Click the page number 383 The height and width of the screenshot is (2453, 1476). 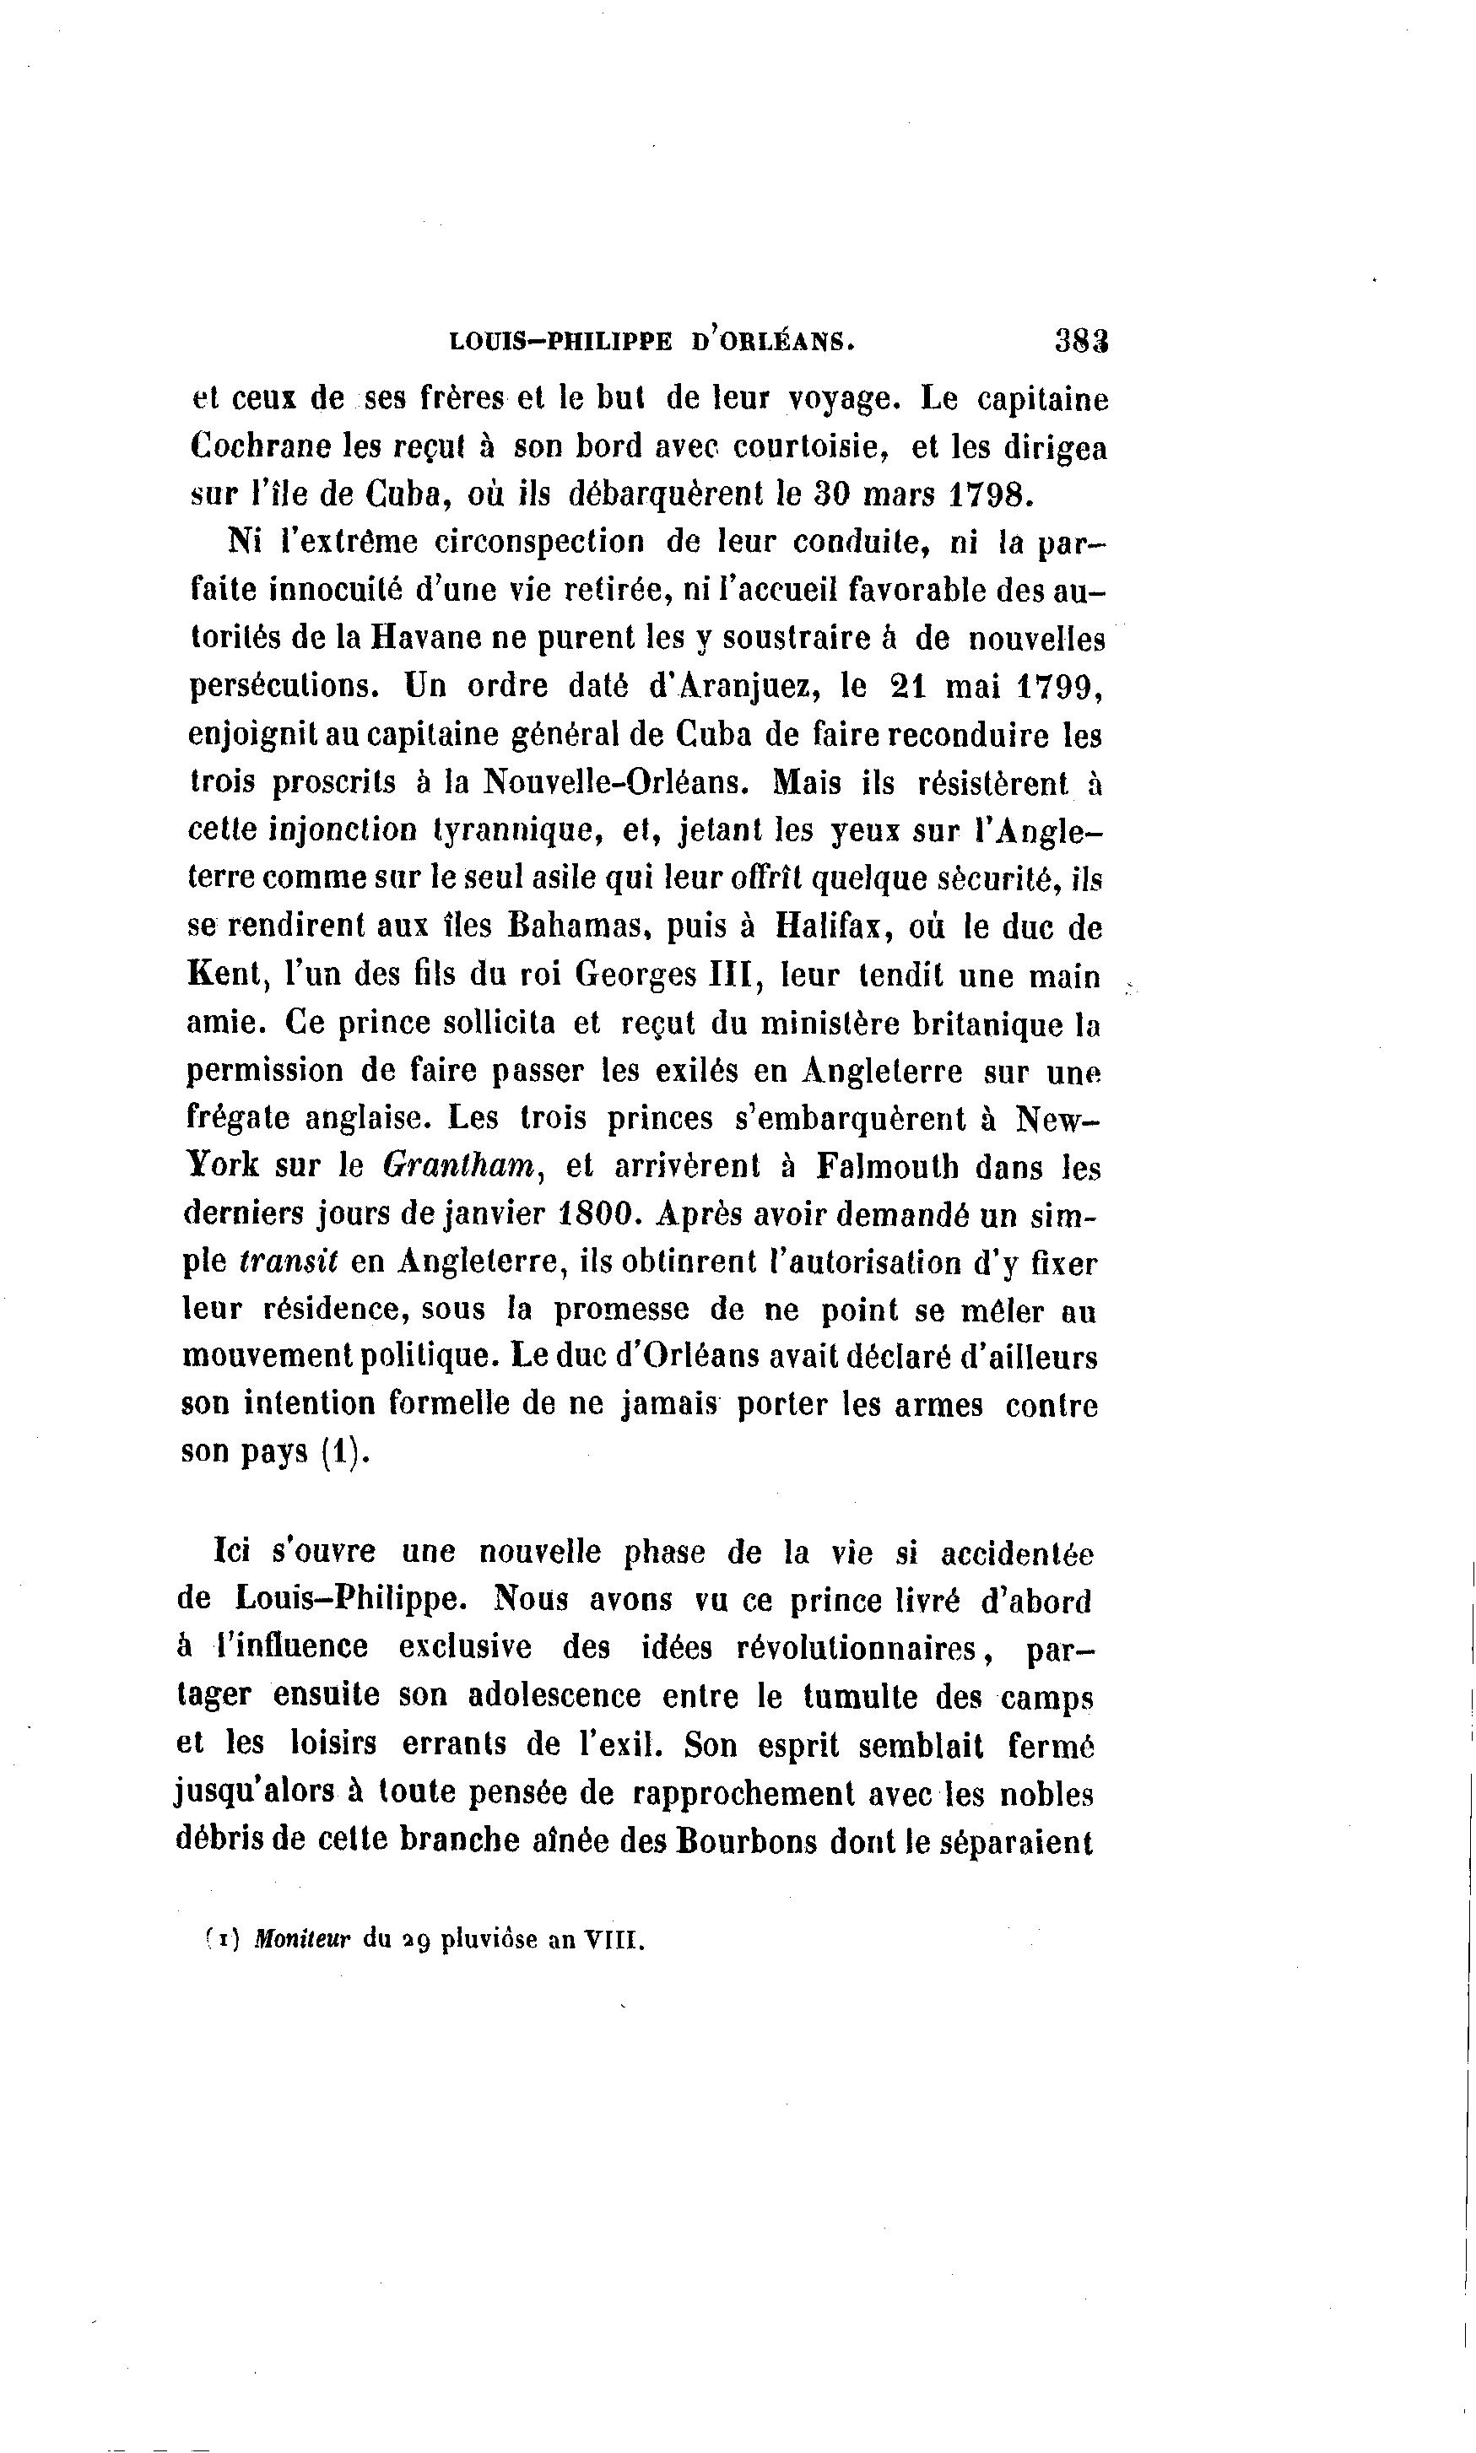[x=1081, y=341]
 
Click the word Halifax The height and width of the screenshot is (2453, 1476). [x=830, y=927]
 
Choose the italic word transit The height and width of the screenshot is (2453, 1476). [x=289, y=1262]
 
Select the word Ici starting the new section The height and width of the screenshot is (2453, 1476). [x=230, y=1551]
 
